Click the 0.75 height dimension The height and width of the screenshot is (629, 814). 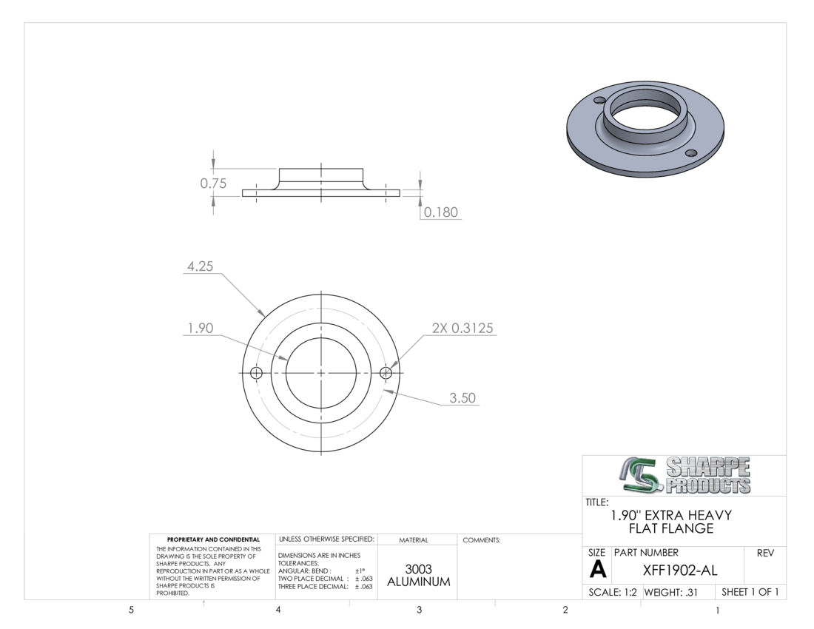click(x=213, y=184)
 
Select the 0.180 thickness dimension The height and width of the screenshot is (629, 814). click(x=441, y=212)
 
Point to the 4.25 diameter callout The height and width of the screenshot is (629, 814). click(x=200, y=266)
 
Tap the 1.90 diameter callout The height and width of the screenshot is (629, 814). click(x=200, y=328)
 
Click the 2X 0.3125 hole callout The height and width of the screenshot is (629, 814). click(x=462, y=328)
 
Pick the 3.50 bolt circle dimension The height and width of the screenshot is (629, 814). click(x=462, y=398)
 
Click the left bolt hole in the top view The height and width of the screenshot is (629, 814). click(x=256, y=373)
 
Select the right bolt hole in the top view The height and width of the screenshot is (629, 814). click(x=386, y=373)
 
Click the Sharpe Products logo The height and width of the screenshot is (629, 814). click(x=684, y=475)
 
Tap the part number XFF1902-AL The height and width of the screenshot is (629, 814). click(x=680, y=571)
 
